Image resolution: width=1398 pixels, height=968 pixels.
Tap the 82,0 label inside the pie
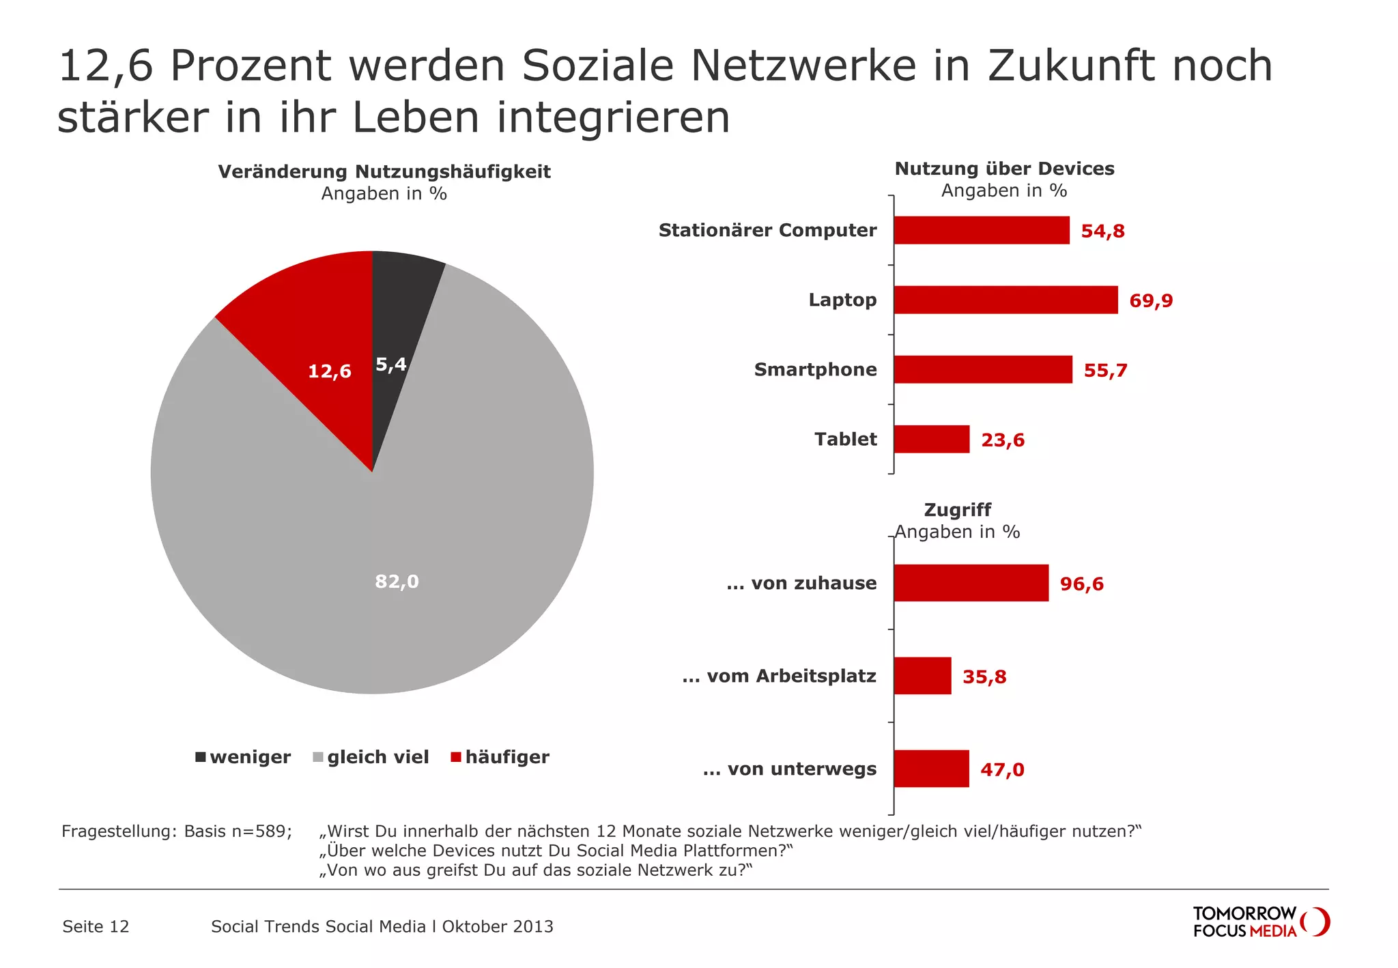tap(397, 582)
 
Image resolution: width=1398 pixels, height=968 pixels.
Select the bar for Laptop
tap(1005, 300)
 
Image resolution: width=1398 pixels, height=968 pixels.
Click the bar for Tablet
tap(931, 440)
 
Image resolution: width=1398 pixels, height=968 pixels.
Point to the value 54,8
tap(1102, 231)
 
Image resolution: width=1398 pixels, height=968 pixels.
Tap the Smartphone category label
tap(815, 370)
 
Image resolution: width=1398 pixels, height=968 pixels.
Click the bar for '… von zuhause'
tap(971, 583)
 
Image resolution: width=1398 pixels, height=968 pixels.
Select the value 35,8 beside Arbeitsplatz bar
tap(984, 677)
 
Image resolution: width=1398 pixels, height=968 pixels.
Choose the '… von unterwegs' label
tap(790, 769)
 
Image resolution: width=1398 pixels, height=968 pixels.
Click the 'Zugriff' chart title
tap(957, 510)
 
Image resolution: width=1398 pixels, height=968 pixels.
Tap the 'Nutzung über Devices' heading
tap(1004, 169)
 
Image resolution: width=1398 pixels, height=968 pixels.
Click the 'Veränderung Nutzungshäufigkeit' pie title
tap(384, 172)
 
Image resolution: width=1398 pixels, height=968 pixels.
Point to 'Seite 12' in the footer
tap(96, 926)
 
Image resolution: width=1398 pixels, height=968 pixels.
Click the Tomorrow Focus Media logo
tap(1260, 922)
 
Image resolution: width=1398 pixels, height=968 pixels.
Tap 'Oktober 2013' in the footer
tap(498, 926)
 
